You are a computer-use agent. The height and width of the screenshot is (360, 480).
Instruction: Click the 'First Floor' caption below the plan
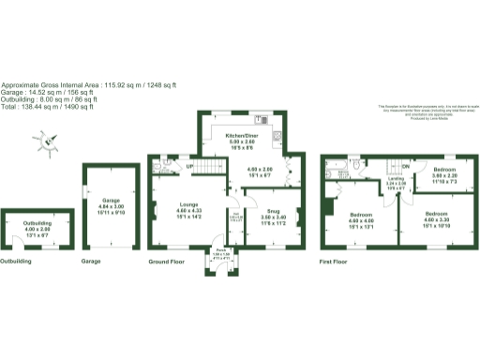click(335, 261)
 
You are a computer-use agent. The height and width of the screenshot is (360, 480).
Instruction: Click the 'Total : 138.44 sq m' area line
click(47, 108)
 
